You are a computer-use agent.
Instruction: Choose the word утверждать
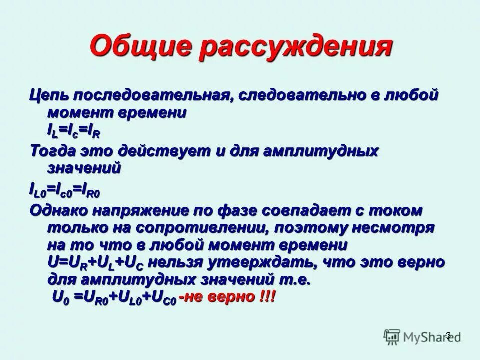coord(263,262)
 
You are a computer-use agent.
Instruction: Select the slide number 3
coord(448,335)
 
